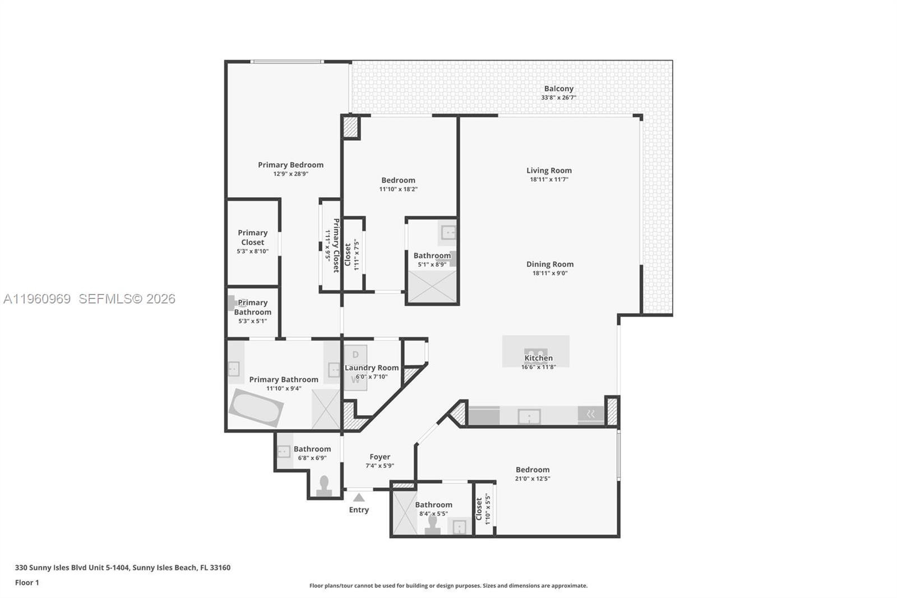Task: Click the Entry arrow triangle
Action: click(359, 498)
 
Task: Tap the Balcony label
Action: click(558, 89)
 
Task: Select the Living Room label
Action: click(549, 171)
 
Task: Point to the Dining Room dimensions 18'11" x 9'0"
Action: click(549, 273)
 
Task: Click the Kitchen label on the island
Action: click(538, 358)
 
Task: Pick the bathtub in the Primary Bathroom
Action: click(256, 408)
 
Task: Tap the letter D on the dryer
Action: click(355, 355)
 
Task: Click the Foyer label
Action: click(380, 457)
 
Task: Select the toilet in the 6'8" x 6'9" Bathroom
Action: click(324, 486)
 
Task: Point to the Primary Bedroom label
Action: click(290, 165)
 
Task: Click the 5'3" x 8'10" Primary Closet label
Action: click(252, 237)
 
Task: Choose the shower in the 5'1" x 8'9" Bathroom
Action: click(432, 287)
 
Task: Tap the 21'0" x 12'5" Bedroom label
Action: click(532, 470)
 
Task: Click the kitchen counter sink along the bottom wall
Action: click(529, 416)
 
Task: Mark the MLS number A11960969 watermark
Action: click(37, 299)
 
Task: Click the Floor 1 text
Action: click(27, 582)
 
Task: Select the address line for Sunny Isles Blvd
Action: click(122, 567)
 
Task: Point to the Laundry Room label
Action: click(371, 368)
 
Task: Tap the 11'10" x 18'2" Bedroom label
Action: click(398, 180)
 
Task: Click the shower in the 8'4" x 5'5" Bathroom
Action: click(405, 513)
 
